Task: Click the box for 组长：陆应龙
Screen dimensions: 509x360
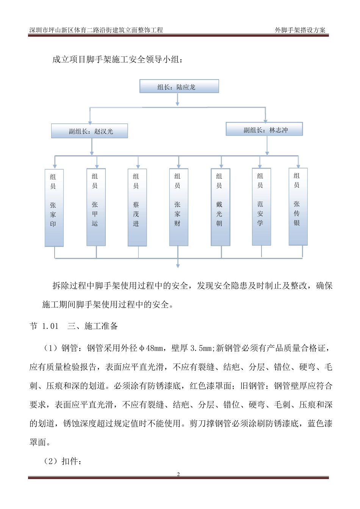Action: point(179,86)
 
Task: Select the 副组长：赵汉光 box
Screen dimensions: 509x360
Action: point(89,131)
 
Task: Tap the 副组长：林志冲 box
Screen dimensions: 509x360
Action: point(264,129)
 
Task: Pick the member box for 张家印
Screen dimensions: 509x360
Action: point(54,208)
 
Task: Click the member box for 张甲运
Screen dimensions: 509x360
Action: point(96,207)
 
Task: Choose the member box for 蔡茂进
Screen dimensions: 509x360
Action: point(137,208)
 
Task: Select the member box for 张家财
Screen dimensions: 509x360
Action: point(178,207)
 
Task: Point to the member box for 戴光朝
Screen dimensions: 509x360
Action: point(220,207)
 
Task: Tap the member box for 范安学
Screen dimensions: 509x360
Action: point(261,207)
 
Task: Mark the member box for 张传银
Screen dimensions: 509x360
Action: point(298,206)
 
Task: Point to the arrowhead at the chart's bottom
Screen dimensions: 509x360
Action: point(178,265)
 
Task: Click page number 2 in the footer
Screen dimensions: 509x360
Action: point(178,474)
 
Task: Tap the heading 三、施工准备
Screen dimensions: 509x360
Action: point(93,326)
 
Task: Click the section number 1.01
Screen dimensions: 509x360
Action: point(50,326)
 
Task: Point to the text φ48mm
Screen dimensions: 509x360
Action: point(152,348)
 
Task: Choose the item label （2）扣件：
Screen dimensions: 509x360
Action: point(63,461)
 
